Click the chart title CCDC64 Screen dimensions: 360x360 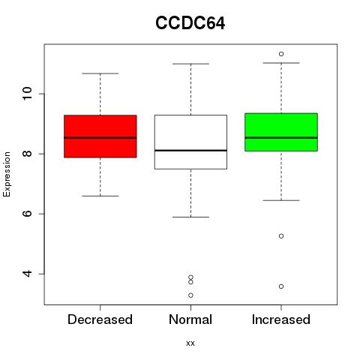pos(190,23)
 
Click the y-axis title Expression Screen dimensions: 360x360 pos(7,174)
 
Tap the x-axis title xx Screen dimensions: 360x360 pos(190,343)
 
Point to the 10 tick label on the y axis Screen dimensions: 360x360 pos(27,94)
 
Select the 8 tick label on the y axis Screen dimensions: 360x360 pos(27,154)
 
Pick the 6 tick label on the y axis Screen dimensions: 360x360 pos(27,214)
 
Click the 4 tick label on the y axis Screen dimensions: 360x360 pos(27,274)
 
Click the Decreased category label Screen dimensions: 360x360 pos(100,319)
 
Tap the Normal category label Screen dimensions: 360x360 pos(190,319)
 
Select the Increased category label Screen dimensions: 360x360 pos(281,319)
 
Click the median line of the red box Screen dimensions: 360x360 pos(100,137)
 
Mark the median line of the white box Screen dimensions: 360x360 pos(190,150)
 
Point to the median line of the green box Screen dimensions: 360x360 pos(281,137)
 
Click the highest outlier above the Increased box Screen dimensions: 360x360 pos(281,54)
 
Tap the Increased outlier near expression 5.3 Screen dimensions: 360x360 pos(281,236)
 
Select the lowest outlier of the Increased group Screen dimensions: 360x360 pos(281,286)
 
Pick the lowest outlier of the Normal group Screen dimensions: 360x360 pos(190,295)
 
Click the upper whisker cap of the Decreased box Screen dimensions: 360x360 pos(100,73)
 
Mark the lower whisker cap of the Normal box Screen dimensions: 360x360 pos(190,217)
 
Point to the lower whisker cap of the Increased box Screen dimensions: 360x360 pos(281,200)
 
